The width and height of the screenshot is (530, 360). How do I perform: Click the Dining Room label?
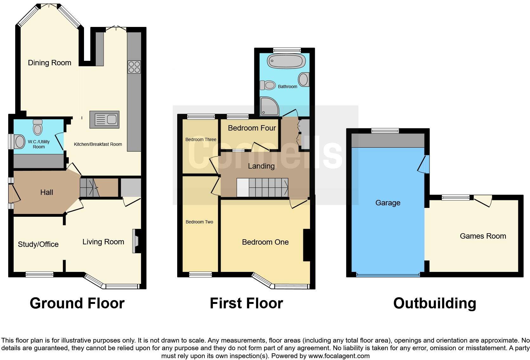coord(49,63)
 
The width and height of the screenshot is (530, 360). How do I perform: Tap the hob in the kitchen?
coord(134,67)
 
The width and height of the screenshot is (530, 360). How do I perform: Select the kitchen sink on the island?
coord(105,119)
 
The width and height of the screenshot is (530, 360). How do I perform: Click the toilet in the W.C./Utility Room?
coord(38,127)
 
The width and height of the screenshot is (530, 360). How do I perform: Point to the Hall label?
coord(47,192)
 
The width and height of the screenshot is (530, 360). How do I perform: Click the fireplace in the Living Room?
coord(137,241)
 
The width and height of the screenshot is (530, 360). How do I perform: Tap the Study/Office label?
coord(38,244)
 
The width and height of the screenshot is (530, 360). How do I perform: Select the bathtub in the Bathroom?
coord(286,61)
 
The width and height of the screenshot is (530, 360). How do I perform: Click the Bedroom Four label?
coord(252,128)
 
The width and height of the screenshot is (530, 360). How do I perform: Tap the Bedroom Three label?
coord(201,139)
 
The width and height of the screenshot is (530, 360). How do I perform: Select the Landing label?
coord(261,166)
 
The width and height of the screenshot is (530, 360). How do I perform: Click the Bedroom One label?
coord(265,242)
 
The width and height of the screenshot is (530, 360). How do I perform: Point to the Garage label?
coord(388,203)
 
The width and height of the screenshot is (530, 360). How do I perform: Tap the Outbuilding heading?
coord(435,303)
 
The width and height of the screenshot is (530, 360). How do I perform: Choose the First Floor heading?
coord(246,303)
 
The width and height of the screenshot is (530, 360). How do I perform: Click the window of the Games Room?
coord(456,198)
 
